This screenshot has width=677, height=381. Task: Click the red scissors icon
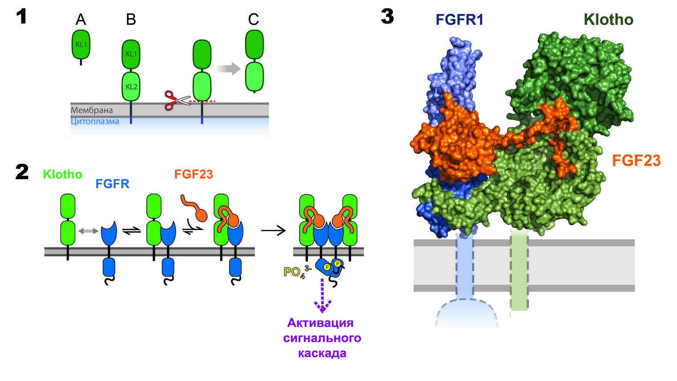[x=176, y=100]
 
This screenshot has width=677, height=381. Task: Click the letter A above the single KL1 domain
[x=81, y=20]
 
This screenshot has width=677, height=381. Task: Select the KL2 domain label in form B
[x=131, y=87]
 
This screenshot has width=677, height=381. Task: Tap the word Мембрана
[x=92, y=110]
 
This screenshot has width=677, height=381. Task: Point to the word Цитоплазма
[x=95, y=122]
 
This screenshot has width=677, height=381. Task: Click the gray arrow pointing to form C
[x=228, y=69]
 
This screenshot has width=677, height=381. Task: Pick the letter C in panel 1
[x=254, y=20]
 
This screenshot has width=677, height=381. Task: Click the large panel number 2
[x=22, y=172]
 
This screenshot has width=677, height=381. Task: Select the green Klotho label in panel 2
[x=63, y=174]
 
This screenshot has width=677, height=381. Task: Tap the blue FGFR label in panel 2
[x=112, y=184]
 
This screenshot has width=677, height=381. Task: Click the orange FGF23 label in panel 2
[x=194, y=174]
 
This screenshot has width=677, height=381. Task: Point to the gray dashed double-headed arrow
[x=89, y=231]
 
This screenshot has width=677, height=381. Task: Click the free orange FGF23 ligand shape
[x=194, y=207]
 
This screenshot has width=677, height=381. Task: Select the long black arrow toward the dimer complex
[x=273, y=230]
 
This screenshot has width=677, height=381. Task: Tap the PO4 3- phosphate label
[x=297, y=272]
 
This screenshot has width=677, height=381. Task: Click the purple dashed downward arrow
[x=322, y=295]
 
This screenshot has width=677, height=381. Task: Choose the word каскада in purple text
[x=322, y=353]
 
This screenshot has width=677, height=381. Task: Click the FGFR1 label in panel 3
[x=459, y=20]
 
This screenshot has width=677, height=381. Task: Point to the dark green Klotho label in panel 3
[x=608, y=20]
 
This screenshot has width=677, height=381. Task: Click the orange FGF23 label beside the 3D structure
[x=636, y=161]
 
